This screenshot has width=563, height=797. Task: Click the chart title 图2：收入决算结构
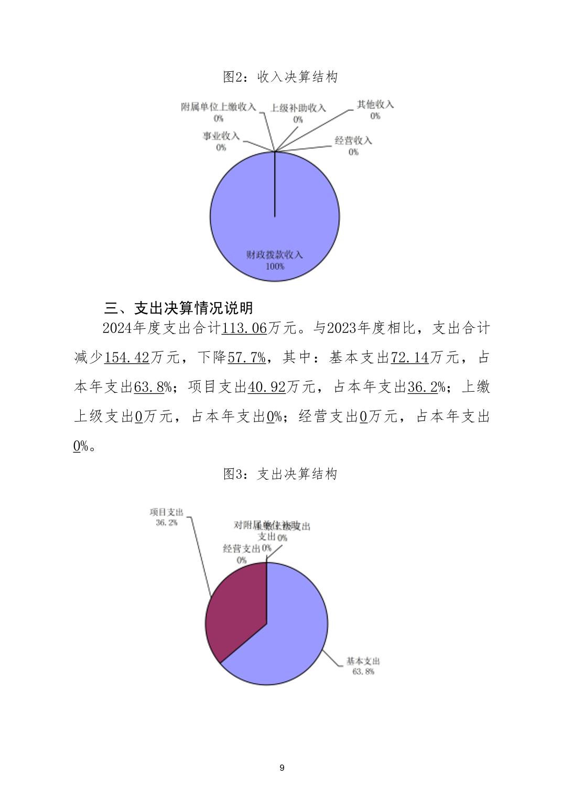pos(280,77)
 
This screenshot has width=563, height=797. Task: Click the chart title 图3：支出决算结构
pos(280,474)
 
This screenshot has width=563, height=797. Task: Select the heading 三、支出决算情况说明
pos(179,307)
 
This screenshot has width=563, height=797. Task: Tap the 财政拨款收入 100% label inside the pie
pos(275,260)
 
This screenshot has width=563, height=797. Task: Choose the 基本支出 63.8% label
pos(363,666)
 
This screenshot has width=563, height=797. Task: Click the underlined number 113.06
pos(244,329)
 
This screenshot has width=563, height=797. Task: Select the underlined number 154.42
pos(127,358)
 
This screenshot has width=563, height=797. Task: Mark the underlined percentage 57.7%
pos(246,358)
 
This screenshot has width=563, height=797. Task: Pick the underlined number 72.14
pos(410,358)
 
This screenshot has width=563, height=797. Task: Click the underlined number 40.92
pos(266,387)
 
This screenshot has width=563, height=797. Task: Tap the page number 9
pos(282,768)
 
